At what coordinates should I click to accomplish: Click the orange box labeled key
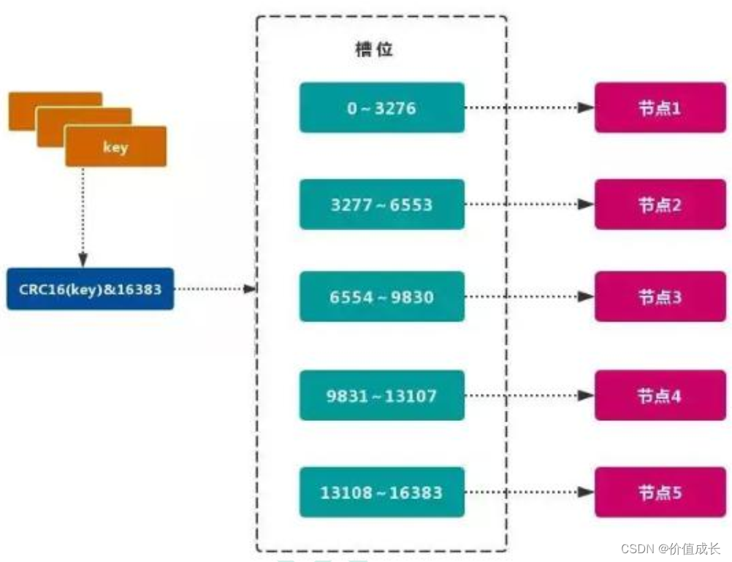click(x=115, y=146)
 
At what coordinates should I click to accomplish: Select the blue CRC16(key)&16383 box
click(x=91, y=289)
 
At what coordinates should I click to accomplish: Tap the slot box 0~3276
click(x=381, y=108)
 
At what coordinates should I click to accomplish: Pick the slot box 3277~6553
click(x=381, y=205)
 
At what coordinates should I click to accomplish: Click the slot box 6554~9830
click(x=381, y=297)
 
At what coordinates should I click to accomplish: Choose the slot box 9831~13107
click(x=381, y=395)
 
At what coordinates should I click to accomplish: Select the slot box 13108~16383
click(x=381, y=492)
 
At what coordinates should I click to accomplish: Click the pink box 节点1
click(x=660, y=108)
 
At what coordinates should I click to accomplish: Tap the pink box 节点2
click(x=660, y=205)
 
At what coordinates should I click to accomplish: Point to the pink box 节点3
click(x=660, y=297)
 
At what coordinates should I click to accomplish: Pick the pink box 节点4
click(x=660, y=395)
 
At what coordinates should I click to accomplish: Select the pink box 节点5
click(x=660, y=492)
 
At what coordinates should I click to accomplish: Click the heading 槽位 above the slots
click(x=373, y=50)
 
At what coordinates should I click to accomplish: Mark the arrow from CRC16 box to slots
click(x=215, y=289)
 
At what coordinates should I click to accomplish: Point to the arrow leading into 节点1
click(x=529, y=108)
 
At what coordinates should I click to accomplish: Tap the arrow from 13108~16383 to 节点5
click(x=529, y=492)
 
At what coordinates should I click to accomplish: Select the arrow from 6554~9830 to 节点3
click(x=529, y=297)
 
